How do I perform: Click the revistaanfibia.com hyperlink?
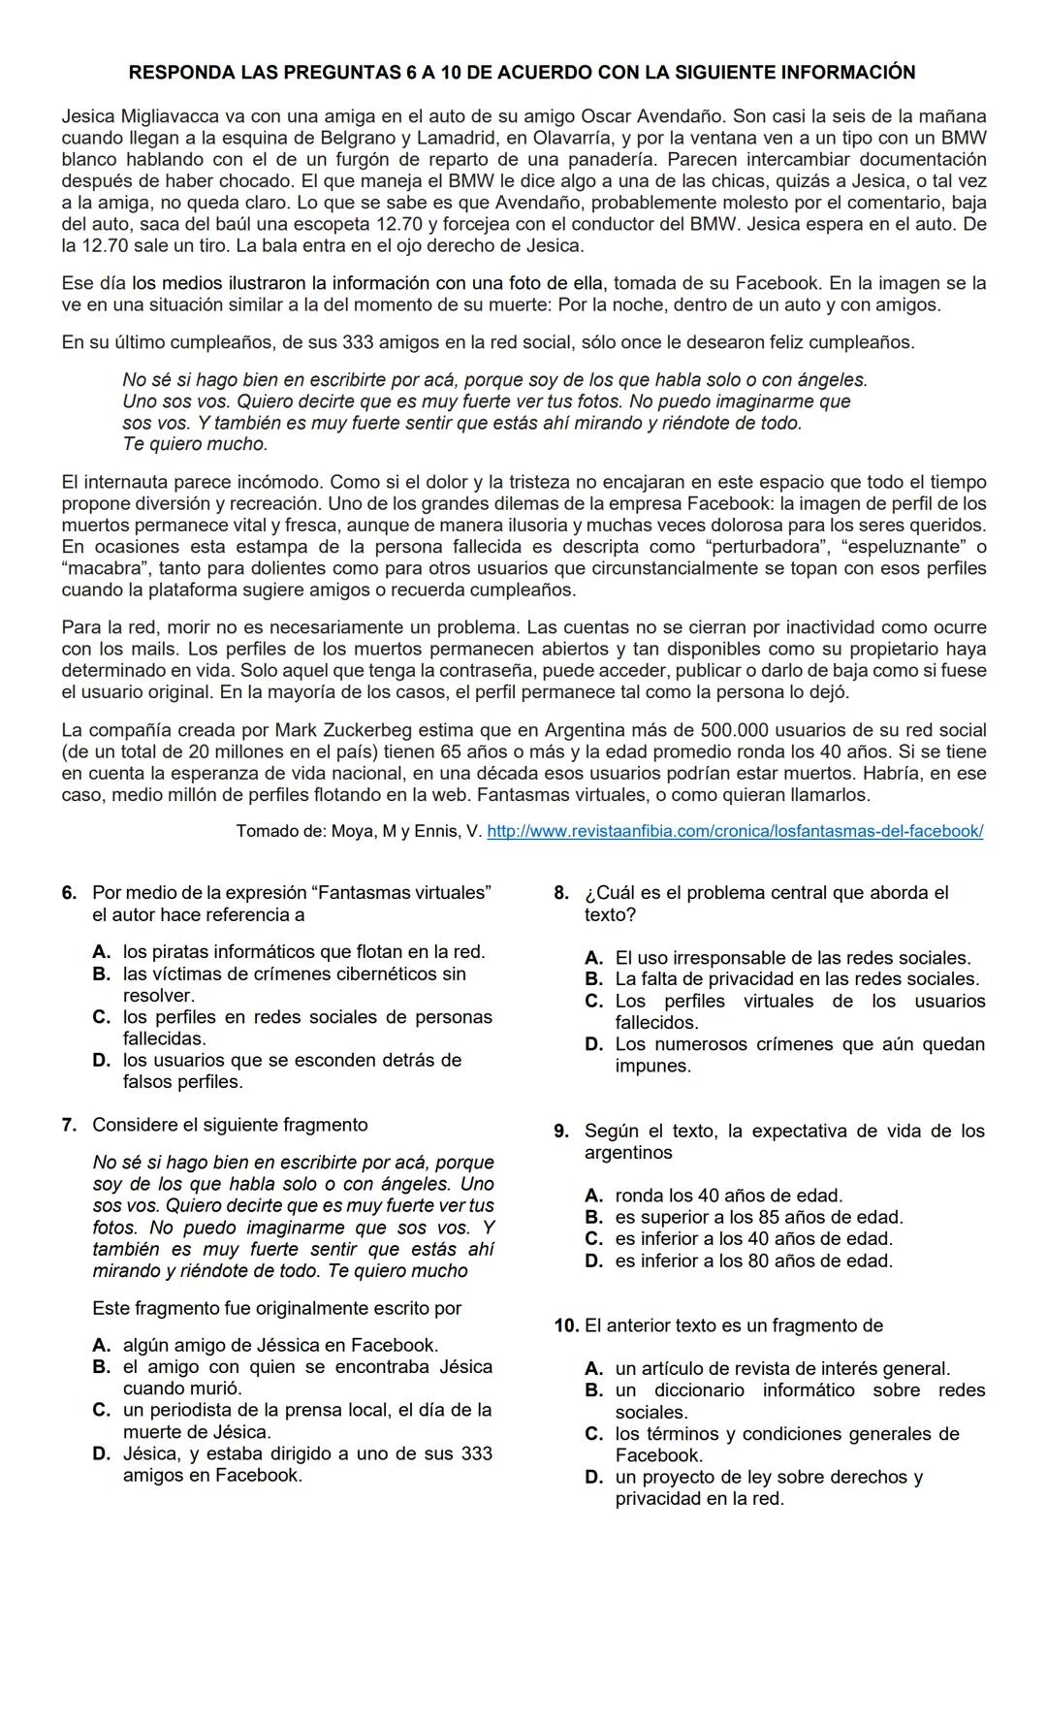(x=734, y=831)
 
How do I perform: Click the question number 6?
(x=69, y=892)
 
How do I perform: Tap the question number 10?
(x=566, y=1325)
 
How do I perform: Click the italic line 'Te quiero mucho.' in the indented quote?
(x=195, y=444)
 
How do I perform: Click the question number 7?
(x=69, y=1125)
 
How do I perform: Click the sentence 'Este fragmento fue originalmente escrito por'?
(x=276, y=1308)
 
